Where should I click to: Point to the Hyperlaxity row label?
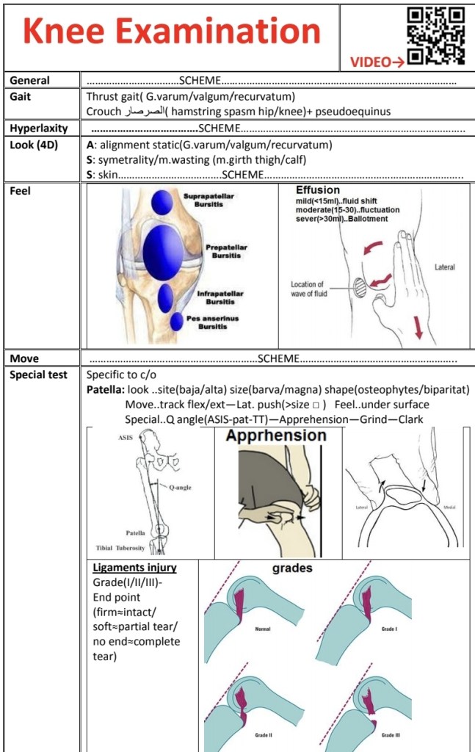[38, 128]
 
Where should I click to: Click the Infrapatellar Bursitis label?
[220, 297]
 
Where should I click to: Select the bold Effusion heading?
[318, 190]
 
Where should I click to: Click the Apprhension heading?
[276, 435]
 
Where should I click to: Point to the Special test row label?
[38, 375]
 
